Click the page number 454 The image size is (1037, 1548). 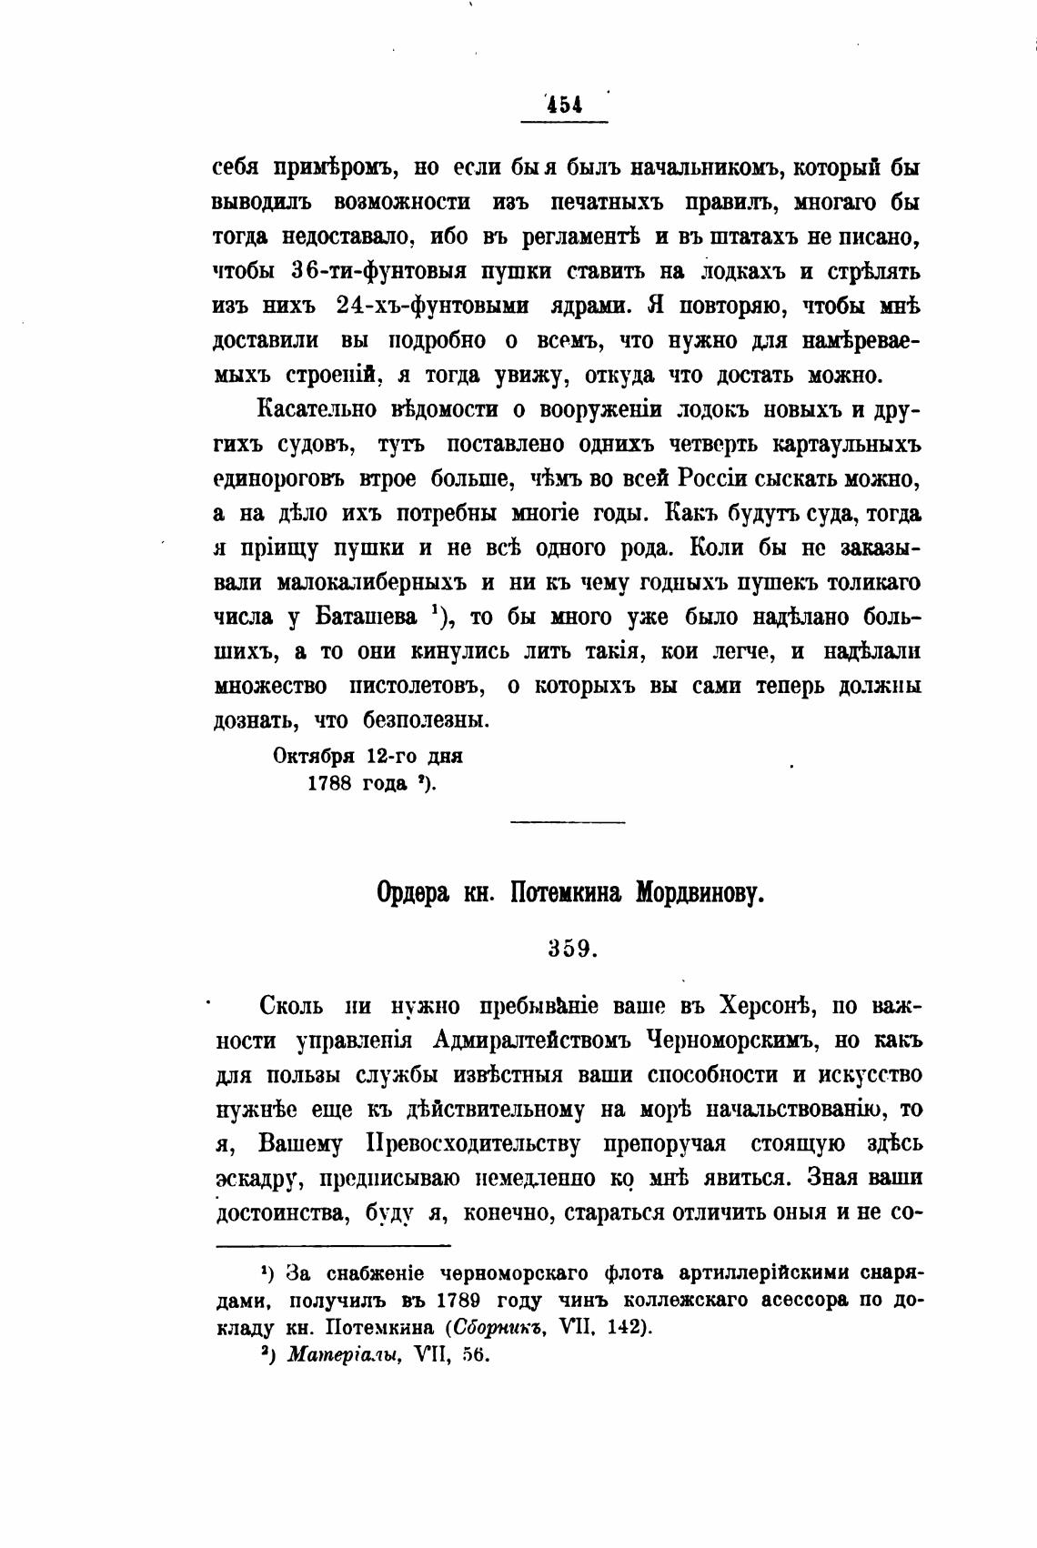pyautogui.click(x=565, y=106)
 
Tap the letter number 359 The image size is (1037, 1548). pyautogui.click(x=571, y=949)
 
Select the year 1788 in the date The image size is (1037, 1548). pyautogui.click(x=330, y=783)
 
